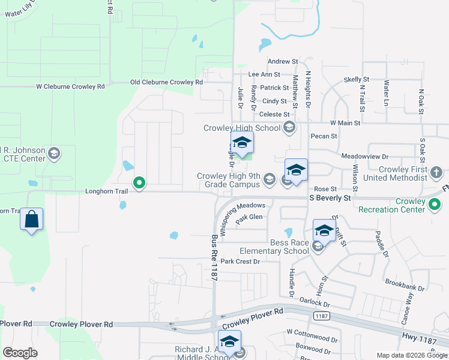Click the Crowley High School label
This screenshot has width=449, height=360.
tap(242, 128)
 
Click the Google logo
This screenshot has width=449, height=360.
tap(20, 353)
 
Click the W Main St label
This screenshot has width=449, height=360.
tap(345, 123)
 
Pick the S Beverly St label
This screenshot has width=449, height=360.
tap(330, 197)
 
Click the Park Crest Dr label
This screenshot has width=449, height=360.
tap(240, 262)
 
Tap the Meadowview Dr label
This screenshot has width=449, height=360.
tap(361, 155)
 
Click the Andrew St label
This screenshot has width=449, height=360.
tap(282, 61)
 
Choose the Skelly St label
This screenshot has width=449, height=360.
tap(356, 79)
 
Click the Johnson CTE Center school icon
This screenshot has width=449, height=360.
tap(55, 154)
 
